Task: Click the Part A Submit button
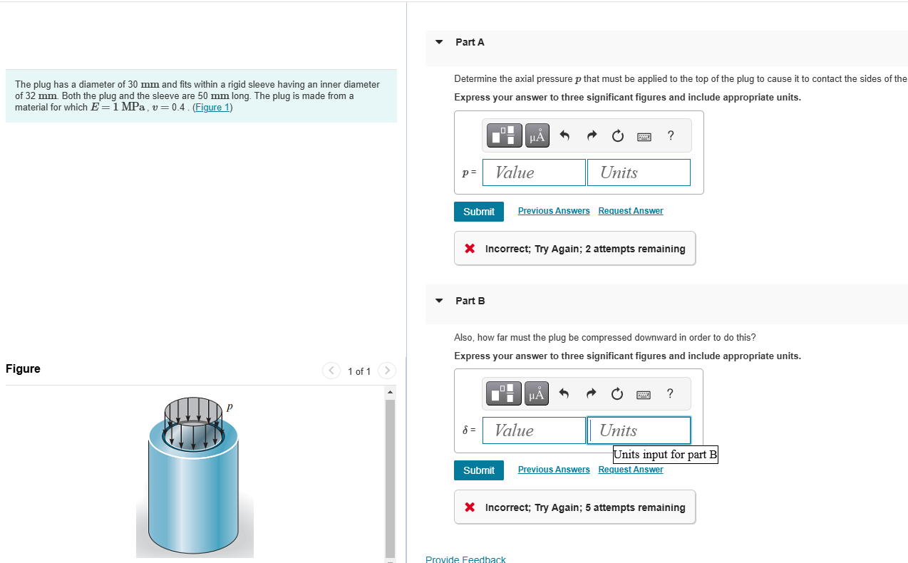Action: pos(478,212)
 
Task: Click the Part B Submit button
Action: pos(478,470)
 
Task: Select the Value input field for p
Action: pos(534,172)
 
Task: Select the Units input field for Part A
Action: pos(638,172)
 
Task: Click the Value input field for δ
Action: pos(534,430)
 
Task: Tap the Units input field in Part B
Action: pos(639,430)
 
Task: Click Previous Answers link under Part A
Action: pos(553,211)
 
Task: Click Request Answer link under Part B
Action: pos(630,470)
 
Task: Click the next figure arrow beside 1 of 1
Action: pos(386,371)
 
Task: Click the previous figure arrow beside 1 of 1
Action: pos(331,371)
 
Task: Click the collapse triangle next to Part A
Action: pos(439,42)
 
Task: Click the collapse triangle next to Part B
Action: pos(439,301)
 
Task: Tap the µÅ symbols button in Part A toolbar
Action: pos(537,135)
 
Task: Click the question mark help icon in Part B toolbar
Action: pos(670,393)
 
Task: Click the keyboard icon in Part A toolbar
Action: pos(644,136)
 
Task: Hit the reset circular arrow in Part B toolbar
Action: pos(617,394)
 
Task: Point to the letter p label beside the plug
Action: pos(229,406)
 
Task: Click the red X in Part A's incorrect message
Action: pos(470,249)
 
